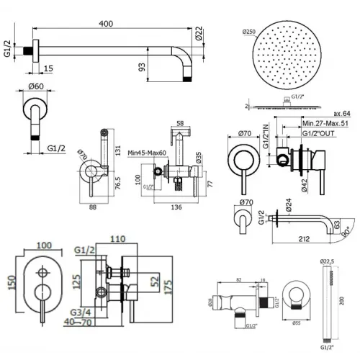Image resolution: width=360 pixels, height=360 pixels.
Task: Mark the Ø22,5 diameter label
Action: [328, 261]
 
